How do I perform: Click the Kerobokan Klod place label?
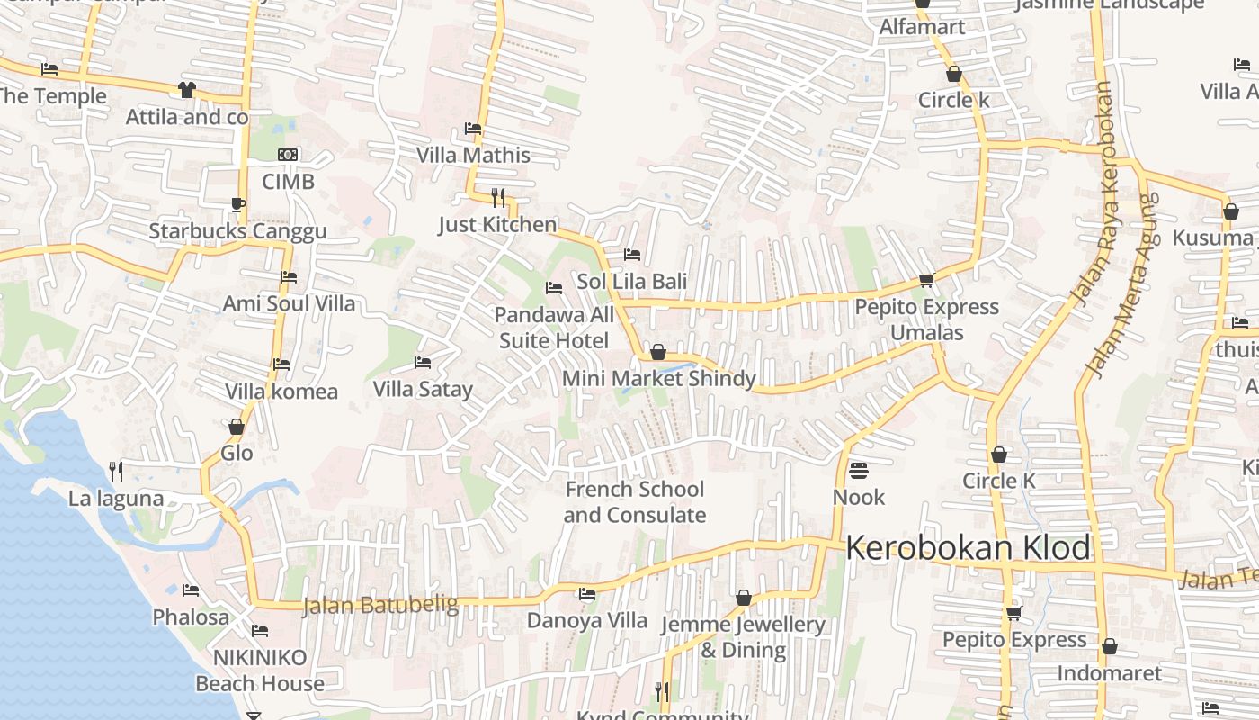[969, 547]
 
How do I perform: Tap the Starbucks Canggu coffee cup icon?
[237, 204]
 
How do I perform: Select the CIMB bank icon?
[288, 155]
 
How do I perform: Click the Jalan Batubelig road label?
[380, 605]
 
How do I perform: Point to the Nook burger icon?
[858, 470]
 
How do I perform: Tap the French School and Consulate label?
[634, 502]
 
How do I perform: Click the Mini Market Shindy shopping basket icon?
[658, 352]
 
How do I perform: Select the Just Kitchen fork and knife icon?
[497, 197]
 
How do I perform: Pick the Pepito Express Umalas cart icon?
[926, 280]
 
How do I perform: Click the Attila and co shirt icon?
[186, 90]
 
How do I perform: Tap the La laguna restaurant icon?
[116, 471]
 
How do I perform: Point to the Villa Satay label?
[423, 390]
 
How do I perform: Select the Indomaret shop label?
[1109, 673]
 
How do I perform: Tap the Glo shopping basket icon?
[237, 427]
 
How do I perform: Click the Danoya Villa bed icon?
[587, 594]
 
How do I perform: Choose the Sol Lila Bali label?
[631, 282]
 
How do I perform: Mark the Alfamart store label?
[922, 27]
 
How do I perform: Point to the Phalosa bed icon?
[191, 590]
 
